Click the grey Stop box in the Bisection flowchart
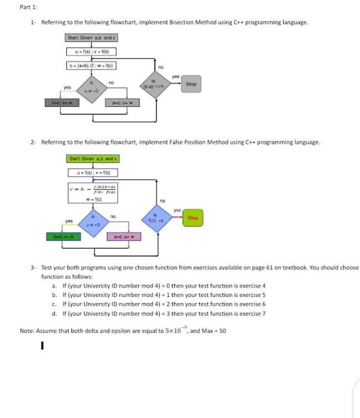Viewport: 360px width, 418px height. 191,85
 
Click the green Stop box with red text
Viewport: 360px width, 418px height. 192,218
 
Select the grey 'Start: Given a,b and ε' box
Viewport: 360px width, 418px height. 91,38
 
